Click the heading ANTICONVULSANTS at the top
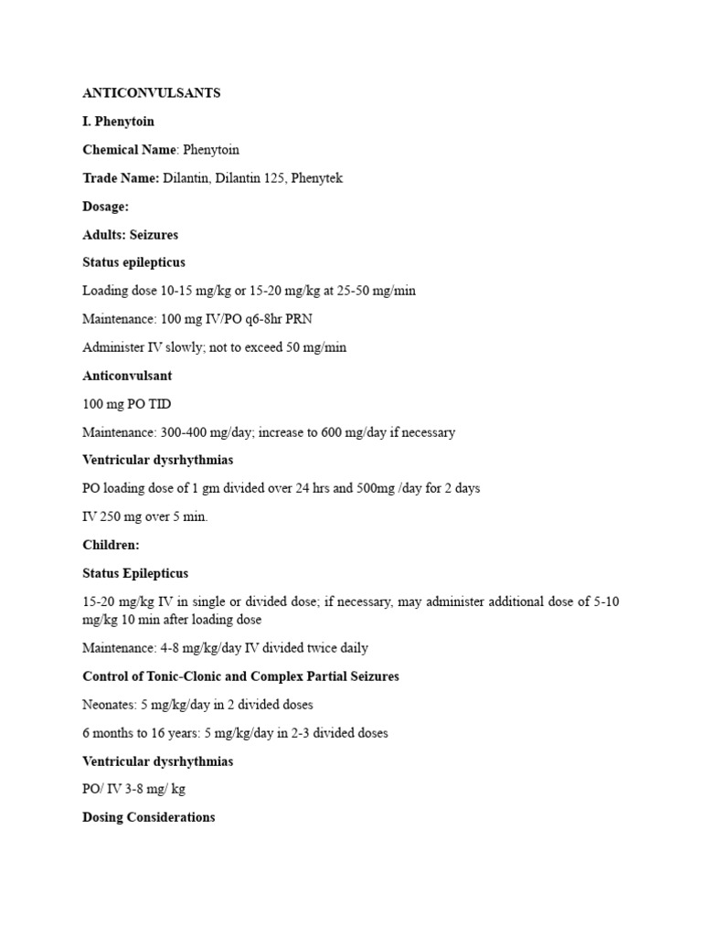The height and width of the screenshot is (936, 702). pyautogui.click(x=151, y=93)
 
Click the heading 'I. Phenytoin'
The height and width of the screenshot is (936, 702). pyautogui.click(x=118, y=122)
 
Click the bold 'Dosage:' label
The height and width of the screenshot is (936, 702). pyautogui.click(x=105, y=207)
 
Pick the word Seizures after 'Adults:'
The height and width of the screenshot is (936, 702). pyautogui.click(x=154, y=235)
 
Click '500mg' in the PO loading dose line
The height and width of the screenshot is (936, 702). pyautogui.click(x=374, y=488)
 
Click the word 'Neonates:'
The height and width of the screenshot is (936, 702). pyautogui.click(x=110, y=705)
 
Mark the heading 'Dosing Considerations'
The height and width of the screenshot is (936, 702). pyautogui.click(x=148, y=817)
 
